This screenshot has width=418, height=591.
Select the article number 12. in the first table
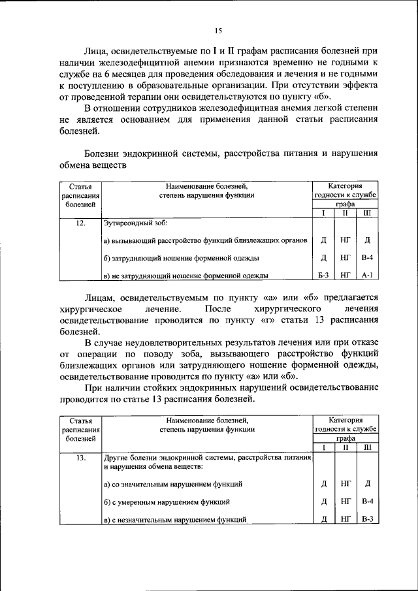tap(80, 223)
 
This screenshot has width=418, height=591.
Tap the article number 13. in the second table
tap(80, 458)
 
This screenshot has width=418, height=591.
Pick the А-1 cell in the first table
tap(367, 276)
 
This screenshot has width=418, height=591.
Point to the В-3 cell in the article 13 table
tap(367, 519)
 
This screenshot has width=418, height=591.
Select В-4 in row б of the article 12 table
tap(367, 258)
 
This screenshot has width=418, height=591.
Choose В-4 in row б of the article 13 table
tap(367, 502)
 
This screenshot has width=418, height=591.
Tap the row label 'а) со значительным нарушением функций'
tap(174, 484)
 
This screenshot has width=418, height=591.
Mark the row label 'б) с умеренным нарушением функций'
tap(167, 502)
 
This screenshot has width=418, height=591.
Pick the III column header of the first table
tap(367, 213)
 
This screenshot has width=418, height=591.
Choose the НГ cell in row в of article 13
tap(346, 519)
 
